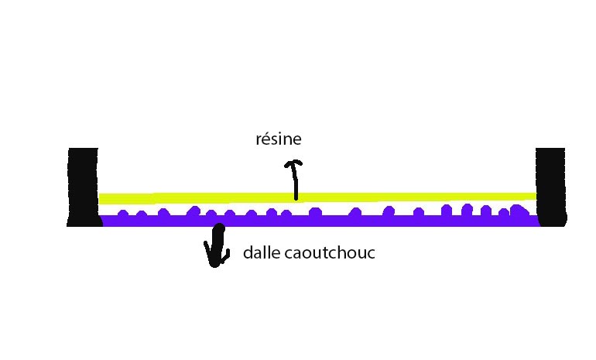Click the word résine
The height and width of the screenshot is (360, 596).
click(x=278, y=140)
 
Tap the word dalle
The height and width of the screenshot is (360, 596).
click(x=259, y=253)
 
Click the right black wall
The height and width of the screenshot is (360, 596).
click(x=551, y=184)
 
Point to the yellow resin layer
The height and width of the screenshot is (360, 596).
click(x=317, y=197)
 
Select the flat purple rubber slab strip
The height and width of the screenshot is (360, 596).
click(x=317, y=221)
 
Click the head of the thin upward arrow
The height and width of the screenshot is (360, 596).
click(x=293, y=163)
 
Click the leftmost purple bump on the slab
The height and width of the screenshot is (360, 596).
click(x=122, y=214)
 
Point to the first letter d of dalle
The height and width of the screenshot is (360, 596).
click(x=248, y=253)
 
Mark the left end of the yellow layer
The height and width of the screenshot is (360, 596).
click(x=102, y=199)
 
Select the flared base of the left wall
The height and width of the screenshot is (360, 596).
click(x=84, y=221)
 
